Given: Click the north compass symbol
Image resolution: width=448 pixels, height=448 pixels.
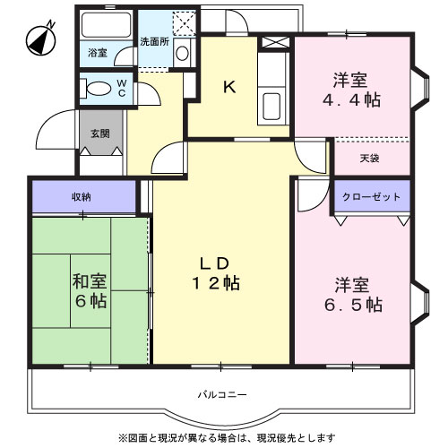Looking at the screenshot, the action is point(41,40).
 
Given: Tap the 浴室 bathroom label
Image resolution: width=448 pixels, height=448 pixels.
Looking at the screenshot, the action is point(98,53).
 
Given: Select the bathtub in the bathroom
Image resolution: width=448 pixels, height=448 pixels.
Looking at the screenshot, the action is point(107,24).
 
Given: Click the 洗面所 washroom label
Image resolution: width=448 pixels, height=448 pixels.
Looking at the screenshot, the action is point(155,41).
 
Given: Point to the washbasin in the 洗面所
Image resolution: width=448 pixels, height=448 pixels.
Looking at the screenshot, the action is point(182,54).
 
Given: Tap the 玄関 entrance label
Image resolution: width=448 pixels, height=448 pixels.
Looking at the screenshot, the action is point(100,134).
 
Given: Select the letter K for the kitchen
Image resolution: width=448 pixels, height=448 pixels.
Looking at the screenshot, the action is point(229,87).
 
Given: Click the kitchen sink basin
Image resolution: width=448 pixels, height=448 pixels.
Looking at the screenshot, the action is point(271,107).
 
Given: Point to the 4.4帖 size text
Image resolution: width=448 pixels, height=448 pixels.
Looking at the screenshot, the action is point(351,99).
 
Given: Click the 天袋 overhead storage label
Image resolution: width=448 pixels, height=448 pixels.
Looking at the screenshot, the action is point(369,158).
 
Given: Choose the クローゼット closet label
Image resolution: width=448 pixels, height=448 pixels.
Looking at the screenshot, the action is point(371,197).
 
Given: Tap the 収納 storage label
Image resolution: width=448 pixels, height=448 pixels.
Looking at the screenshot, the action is point(82,197).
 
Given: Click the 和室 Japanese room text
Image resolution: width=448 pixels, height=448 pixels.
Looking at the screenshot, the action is point(90,281).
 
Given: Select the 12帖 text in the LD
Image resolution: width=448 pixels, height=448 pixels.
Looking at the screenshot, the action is point(215,283).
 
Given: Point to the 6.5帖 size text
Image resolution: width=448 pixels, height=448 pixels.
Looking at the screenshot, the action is point(353,305).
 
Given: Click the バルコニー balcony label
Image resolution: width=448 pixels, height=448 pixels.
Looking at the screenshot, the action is point(222,395).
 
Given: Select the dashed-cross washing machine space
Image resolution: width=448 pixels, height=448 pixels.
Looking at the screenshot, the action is point(185,22).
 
